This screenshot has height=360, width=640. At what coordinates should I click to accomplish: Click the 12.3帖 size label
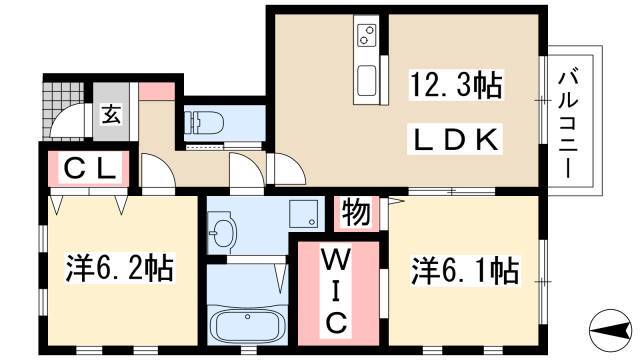tap(456, 84)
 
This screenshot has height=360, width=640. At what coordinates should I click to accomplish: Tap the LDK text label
tap(455, 140)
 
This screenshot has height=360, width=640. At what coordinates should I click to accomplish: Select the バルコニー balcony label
tap(568, 125)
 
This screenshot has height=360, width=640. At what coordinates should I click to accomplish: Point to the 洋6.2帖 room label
tap(120, 268)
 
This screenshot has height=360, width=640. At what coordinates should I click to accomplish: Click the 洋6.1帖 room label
tap(465, 270)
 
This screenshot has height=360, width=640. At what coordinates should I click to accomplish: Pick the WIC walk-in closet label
tap(338, 291)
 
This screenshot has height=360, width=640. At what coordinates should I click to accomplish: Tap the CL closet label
tap(90, 168)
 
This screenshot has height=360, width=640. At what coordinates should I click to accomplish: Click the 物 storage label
tap(356, 212)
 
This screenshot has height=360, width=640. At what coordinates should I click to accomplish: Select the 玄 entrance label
tap(111, 114)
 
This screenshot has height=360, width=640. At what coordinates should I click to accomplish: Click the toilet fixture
tap(203, 122)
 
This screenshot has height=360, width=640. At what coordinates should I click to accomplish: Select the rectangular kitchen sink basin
tap(366, 80)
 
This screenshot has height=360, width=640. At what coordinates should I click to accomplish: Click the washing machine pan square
tap(304, 214)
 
